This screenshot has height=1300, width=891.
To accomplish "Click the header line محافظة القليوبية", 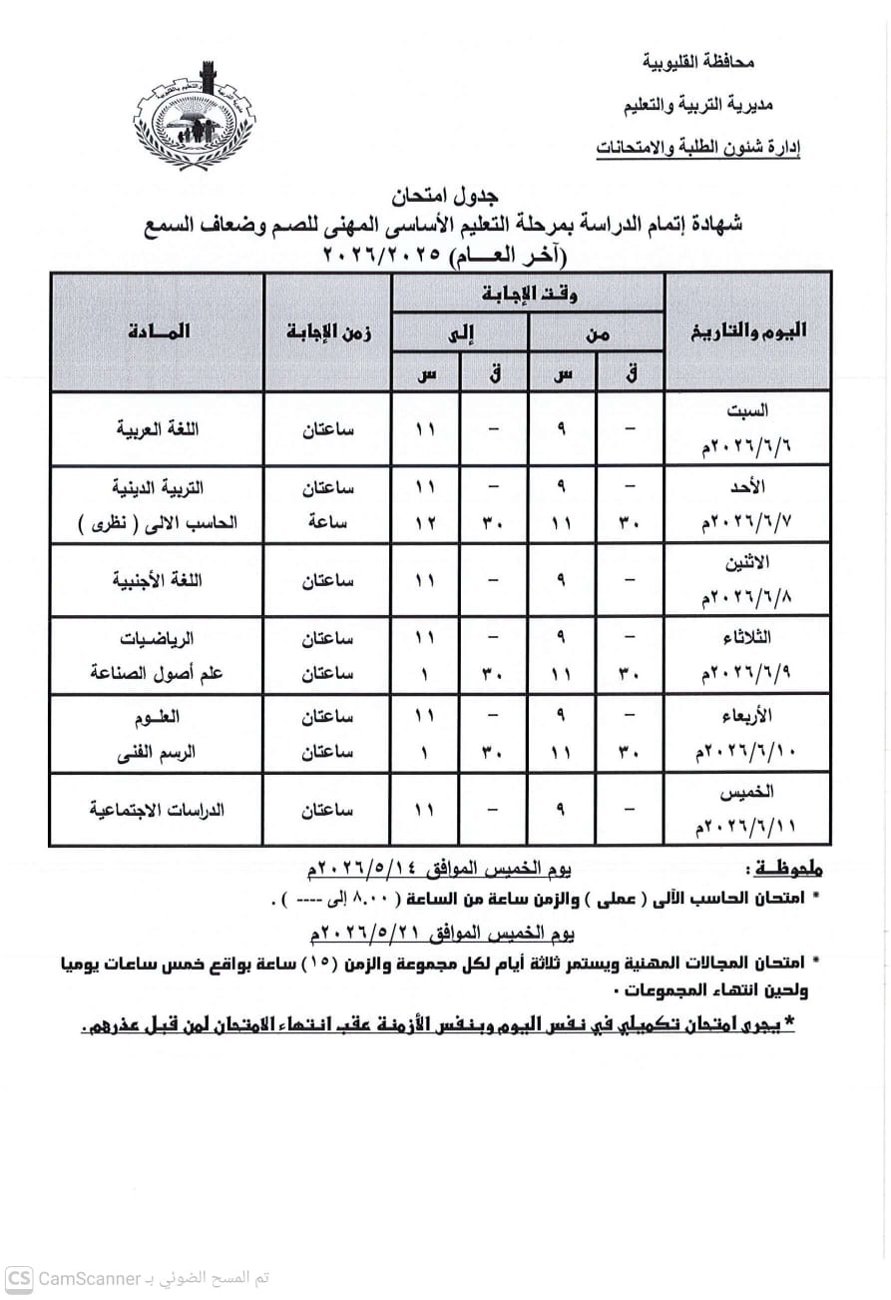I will [699, 63].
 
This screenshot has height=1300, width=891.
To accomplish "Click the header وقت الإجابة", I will [529, 294].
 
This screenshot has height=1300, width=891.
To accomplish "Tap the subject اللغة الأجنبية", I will [159, 580].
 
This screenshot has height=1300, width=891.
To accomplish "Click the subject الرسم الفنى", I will [159, 753].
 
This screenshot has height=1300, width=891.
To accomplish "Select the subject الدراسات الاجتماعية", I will [158, 810].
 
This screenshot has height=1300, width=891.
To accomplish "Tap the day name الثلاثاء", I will [746, 637].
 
